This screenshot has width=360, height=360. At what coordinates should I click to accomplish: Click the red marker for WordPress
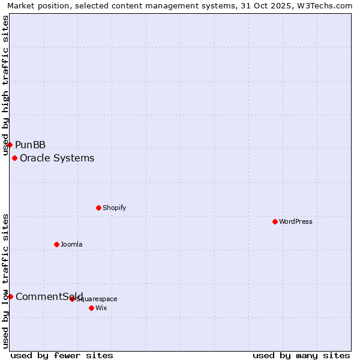pyautogui.click(x=275, y=221)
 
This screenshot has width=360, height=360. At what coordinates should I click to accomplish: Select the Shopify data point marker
pyautogui.click(x=98, y=208)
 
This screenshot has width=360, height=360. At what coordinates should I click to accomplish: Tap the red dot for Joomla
pyautogui.click(x=56, y=244)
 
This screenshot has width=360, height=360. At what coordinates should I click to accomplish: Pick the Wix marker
pyautogui.click(x=91, y=308)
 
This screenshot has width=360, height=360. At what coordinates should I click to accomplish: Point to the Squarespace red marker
pyautogui.click(x=72, y=299)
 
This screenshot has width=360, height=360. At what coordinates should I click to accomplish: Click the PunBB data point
pyautogui.click(x=10, y=145)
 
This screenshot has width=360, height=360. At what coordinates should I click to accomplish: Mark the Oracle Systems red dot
pyautogui.click(x=14, y=158)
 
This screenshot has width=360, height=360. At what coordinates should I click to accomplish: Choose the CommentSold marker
pyautogui.click(x=10, y=296)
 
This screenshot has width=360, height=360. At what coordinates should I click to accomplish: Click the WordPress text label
pyautogui.click(x=296, y=221)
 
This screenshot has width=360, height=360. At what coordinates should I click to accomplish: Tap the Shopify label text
pyautogui.click(x=114, y=208)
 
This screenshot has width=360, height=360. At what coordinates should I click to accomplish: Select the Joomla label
pyautogui.click(x=71, y=244)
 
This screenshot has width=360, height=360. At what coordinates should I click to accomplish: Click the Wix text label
pyautogui.click(x=101, y=308)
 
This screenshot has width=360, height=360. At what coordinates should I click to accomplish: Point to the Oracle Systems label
pyautogui.click(x=57, y=158)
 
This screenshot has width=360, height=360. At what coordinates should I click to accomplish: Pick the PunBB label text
pyautogui.click(x=31, y=145)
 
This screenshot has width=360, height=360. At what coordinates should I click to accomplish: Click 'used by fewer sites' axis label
pyautogui.click(x=62, y=355)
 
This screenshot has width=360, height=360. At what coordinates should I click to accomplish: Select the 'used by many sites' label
pyautogui.click(x=301, y=355)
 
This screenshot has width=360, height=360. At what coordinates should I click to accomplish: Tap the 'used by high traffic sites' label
pyautogui.click(x=6, y=85)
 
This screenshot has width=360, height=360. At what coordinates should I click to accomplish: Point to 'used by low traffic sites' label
pyautogui.click(x=6, y=280)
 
